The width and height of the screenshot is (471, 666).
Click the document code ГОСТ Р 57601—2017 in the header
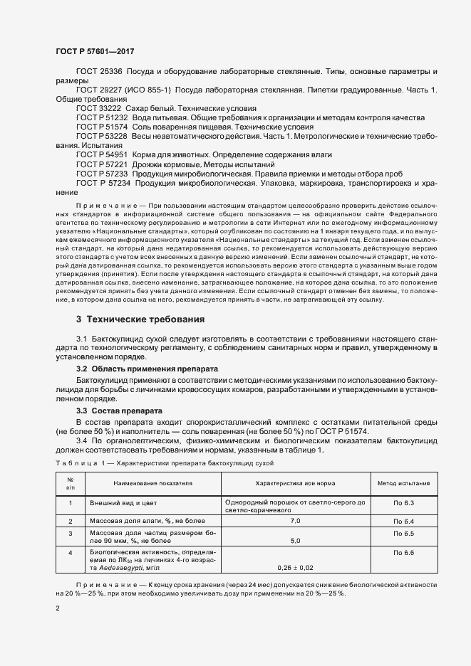click(x=94, y=52)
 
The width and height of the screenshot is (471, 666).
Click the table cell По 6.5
click(x=403, y=533)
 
